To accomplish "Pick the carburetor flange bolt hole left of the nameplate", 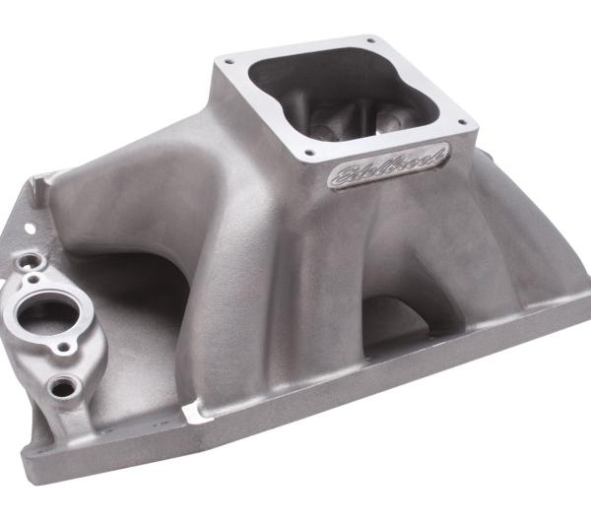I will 307,153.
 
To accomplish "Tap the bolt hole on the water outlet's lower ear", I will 66,348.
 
